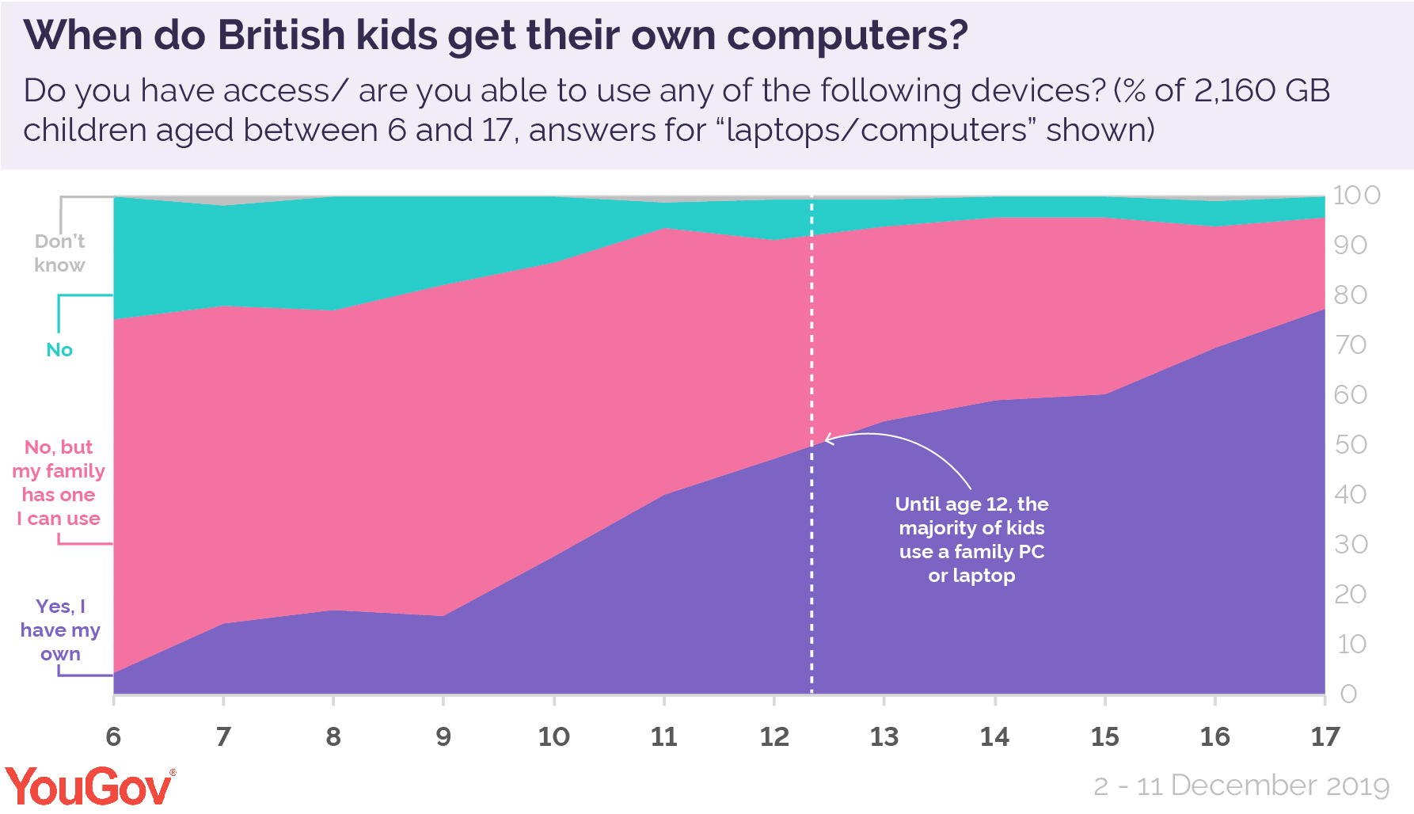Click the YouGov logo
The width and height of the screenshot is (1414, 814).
tap(90, 786)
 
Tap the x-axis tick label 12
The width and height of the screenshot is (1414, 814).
tap(774, 737)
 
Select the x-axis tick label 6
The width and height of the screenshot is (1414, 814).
tap(113, 737)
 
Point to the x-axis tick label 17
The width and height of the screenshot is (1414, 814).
tap(1325, 737)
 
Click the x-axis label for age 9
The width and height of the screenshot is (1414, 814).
tap(443, 737)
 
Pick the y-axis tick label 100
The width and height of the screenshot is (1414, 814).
tap(1356, 196)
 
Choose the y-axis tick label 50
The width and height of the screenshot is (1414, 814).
tap(1351, 445)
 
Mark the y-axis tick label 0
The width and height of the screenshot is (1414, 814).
tap(1348, 694)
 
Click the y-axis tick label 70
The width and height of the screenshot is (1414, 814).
tap(1350, 345)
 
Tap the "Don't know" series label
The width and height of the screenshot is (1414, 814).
tap(59, 253)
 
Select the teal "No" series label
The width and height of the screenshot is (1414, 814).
tap(59, 350)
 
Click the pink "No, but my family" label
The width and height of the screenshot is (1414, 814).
tap(59, 483)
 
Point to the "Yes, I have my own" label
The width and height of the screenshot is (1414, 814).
tap(60, 630)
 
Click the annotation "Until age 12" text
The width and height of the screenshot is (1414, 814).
tap(971, 539)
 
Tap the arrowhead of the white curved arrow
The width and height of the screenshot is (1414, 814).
tap(827, 439)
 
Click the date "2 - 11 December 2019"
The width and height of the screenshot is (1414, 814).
tap(1241, 785)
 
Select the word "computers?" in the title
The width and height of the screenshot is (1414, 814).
tap(847, 36)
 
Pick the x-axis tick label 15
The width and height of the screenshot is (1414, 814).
tap(1104, 737)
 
